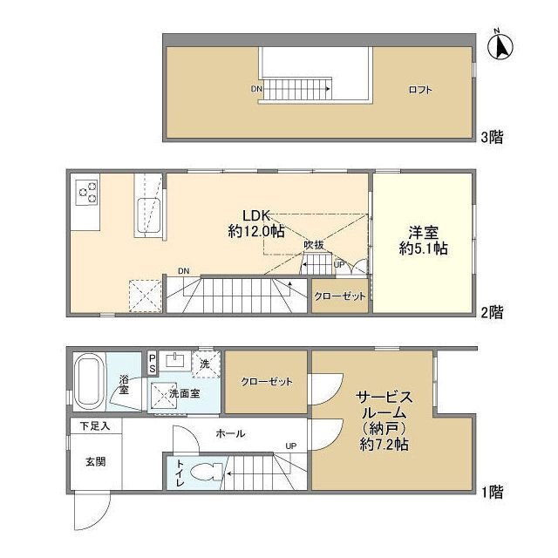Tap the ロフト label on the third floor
tap(420, 90)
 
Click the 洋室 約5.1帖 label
tap(424, 240)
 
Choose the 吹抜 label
tap(315, 245)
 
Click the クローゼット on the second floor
tap(340, 296)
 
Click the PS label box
tap(152, 362)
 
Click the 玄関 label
tap(95, 462)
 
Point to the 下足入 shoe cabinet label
tap(95, 426)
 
